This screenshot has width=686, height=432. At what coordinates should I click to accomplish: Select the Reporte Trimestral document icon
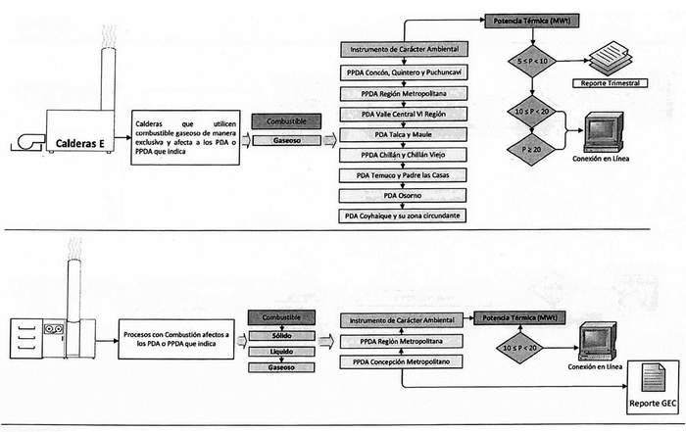coord(610,62)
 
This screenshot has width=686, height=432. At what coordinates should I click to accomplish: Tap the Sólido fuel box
coord(281,335)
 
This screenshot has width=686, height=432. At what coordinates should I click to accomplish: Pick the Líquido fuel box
coord(281,351)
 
